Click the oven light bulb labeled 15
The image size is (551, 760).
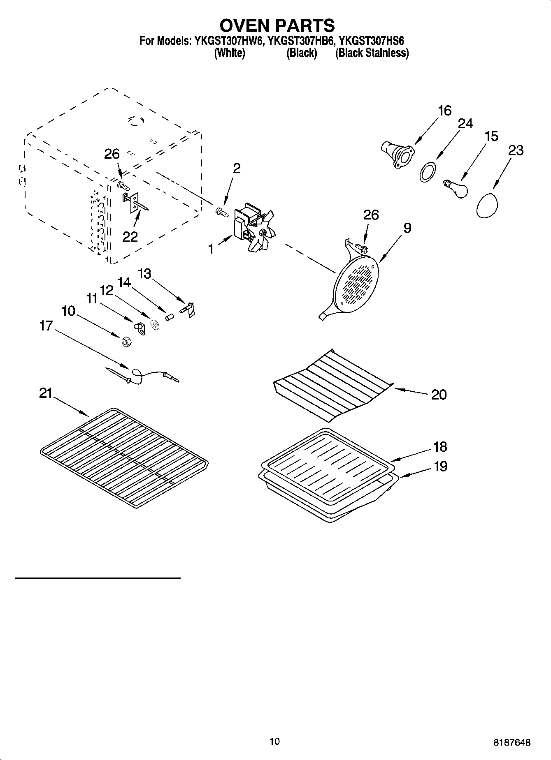click(456, 188)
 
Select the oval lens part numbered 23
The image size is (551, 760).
click(487, 205)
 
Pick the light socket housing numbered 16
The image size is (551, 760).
click(397, 155)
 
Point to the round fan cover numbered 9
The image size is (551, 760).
click(356, 284)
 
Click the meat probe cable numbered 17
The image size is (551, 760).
click(142, 374)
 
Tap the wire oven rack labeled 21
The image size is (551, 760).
click(123, 456)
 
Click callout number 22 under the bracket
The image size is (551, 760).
click(130, 237)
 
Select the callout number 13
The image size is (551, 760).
click(144, 273)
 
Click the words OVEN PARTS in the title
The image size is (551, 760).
click(277, 25)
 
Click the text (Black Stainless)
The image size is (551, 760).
click(372, 53)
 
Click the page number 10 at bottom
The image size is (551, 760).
click(274, 741)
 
